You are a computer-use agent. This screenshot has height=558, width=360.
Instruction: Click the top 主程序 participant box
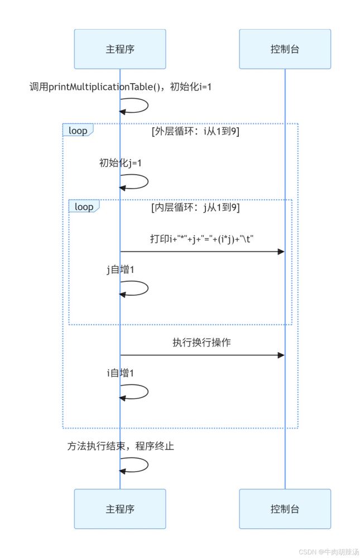click(x=120, y=49)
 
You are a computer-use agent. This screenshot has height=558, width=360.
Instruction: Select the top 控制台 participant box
click(x=285, y=49)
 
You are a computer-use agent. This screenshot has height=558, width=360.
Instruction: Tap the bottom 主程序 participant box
click(x=120, y=509)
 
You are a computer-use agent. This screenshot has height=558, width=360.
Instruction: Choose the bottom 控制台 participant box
click(x=285, y=509)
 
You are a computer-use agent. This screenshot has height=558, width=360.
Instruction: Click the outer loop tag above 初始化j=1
click(x=78, y=131)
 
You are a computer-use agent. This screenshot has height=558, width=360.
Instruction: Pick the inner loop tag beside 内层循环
click(x=84, y=206)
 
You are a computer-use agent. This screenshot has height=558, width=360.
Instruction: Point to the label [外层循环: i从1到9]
click(x=196, y=132)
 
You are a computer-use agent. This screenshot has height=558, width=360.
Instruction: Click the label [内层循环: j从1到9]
click(x=196, y=207)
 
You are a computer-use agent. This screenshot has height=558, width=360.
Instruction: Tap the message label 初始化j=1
click(x=120, y=163)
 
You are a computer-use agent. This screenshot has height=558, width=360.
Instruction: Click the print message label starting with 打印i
click(x=202, y=239)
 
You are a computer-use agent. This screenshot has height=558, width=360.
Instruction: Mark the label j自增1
click(x=120, y=270)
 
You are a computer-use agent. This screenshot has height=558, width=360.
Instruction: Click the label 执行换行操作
click(x=202, y=343)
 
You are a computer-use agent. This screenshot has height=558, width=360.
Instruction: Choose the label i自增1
click(x=120, y=373)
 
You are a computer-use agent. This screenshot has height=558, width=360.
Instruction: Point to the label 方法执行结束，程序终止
click(x=121, y=446)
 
